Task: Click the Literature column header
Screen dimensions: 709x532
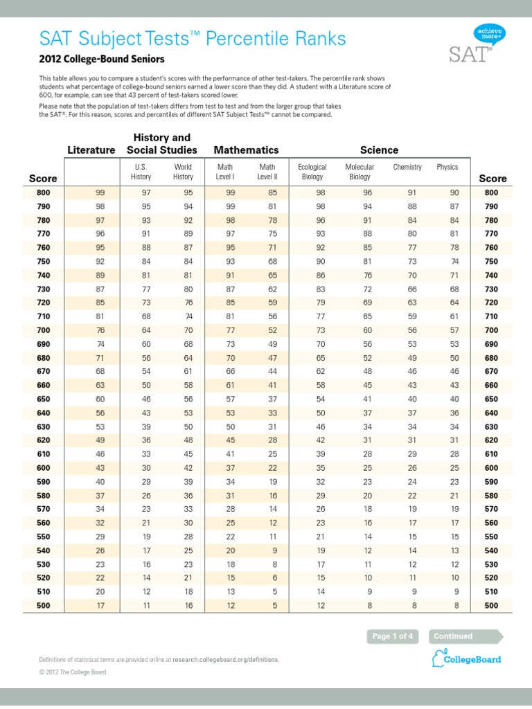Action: pyautogui.click(x=91, y=150)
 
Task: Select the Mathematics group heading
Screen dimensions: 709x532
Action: pyautogui.click(x=246, y=150)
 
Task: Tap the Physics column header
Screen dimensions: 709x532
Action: pyautogui.click(x=447, y=167)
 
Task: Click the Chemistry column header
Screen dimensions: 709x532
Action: pyautogui.click(x=407, y=167)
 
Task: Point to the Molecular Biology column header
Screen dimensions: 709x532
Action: pyautogui.click(x=360, y=172)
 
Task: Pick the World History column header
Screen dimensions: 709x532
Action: pyautogui.click(x=183, y=172)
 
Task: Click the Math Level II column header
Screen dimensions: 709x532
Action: pyautogui.click(x=267, y=172)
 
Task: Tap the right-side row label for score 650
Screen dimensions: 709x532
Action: pyautogui.click(x=491, y=399)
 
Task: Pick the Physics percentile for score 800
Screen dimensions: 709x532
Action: pyautogui.click(x=454, y=192)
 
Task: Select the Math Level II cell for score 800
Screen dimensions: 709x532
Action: pyautogui.click(x=272, y=192)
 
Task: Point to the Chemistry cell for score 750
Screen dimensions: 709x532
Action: pyautogui.click(x=412, y=261)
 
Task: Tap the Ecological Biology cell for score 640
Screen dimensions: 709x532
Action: pyautogui.click(x=321, y=413)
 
